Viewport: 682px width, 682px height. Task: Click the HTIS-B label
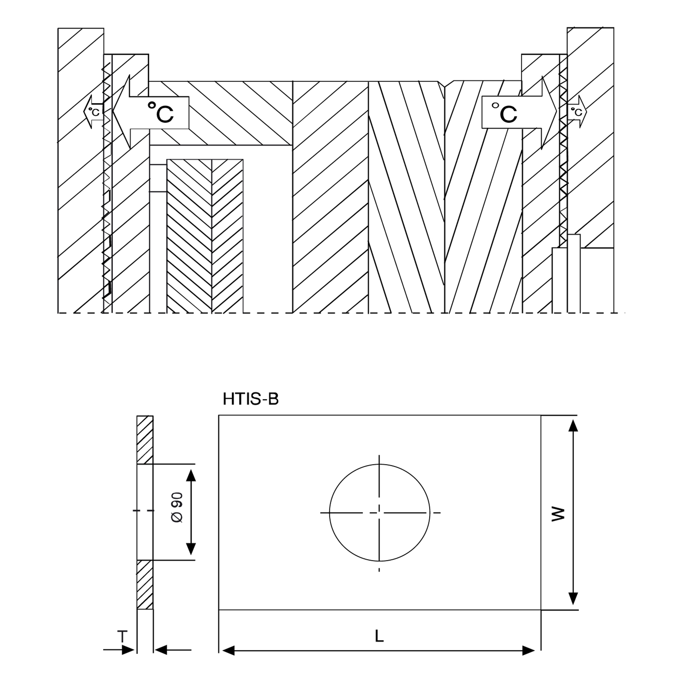[x=251, y=399]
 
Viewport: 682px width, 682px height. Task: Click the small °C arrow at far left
[x=93, y=112]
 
